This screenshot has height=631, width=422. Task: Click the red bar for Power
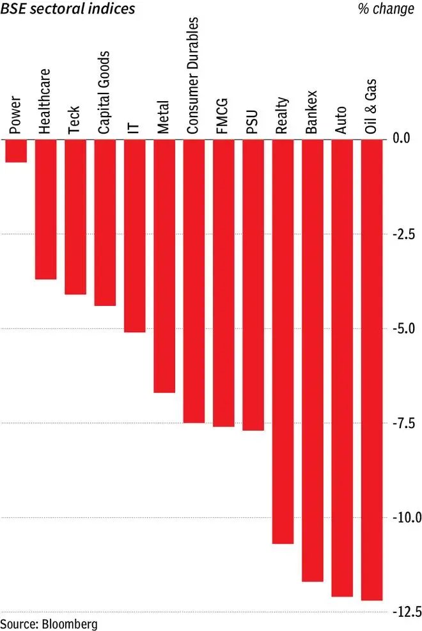15,150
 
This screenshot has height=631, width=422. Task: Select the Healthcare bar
45,208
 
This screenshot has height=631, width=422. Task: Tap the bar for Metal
164,265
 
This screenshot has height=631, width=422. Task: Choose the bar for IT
134,235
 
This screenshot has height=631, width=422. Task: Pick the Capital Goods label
104,93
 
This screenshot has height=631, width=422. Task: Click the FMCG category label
223,115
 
